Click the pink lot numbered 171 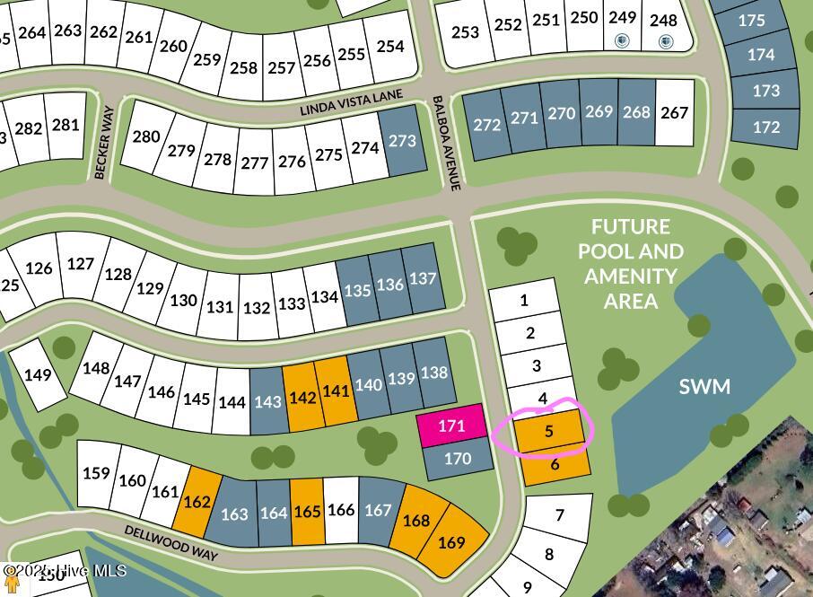point(450,426)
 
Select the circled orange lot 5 point(548,431)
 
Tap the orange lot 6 point(555,464)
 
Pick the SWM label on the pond point(704,387)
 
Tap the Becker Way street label point(104,152)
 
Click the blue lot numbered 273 point(403,140)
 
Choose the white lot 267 point(674,112)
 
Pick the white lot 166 point(341,510)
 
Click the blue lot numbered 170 point(458,459)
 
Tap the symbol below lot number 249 point(622,41)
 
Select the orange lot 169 point(452,542)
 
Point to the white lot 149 point(38,374)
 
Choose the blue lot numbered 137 point(423,278)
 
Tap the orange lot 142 point(302,396)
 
